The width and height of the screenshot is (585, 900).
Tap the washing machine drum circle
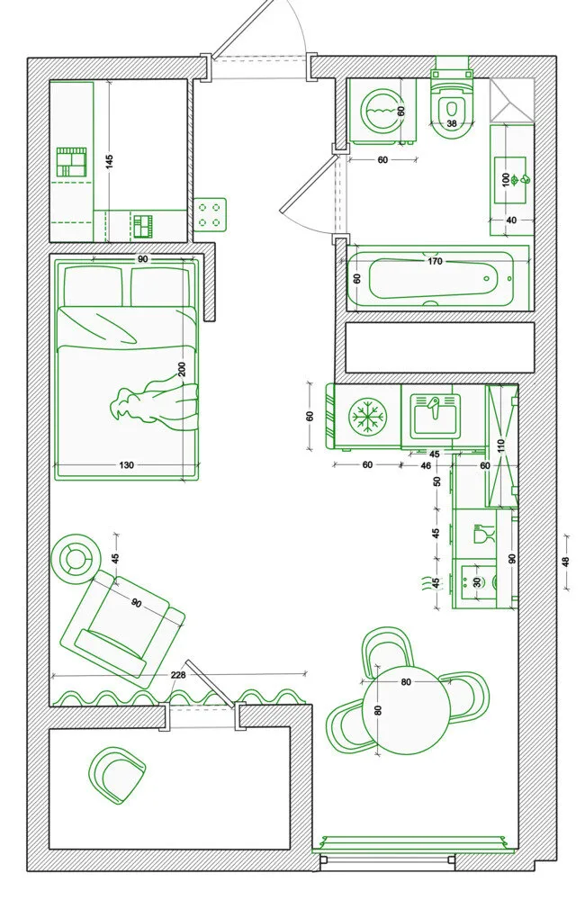coord(378,109)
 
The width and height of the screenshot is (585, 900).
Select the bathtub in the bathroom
coord(438,279)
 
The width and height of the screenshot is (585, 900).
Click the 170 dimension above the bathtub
coord(436,261)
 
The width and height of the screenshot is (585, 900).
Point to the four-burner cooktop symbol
coord(210,214)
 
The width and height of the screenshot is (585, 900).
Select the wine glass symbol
coord(483,534)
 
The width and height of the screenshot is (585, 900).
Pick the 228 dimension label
coord(178,675)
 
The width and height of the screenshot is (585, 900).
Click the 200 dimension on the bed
coord(182,369)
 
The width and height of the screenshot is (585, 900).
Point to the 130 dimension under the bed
coord(126,465)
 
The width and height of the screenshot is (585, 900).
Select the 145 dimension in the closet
coord(110,160)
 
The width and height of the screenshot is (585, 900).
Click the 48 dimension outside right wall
coord(565,562)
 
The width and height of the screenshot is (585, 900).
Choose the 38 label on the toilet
coord(452,123)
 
